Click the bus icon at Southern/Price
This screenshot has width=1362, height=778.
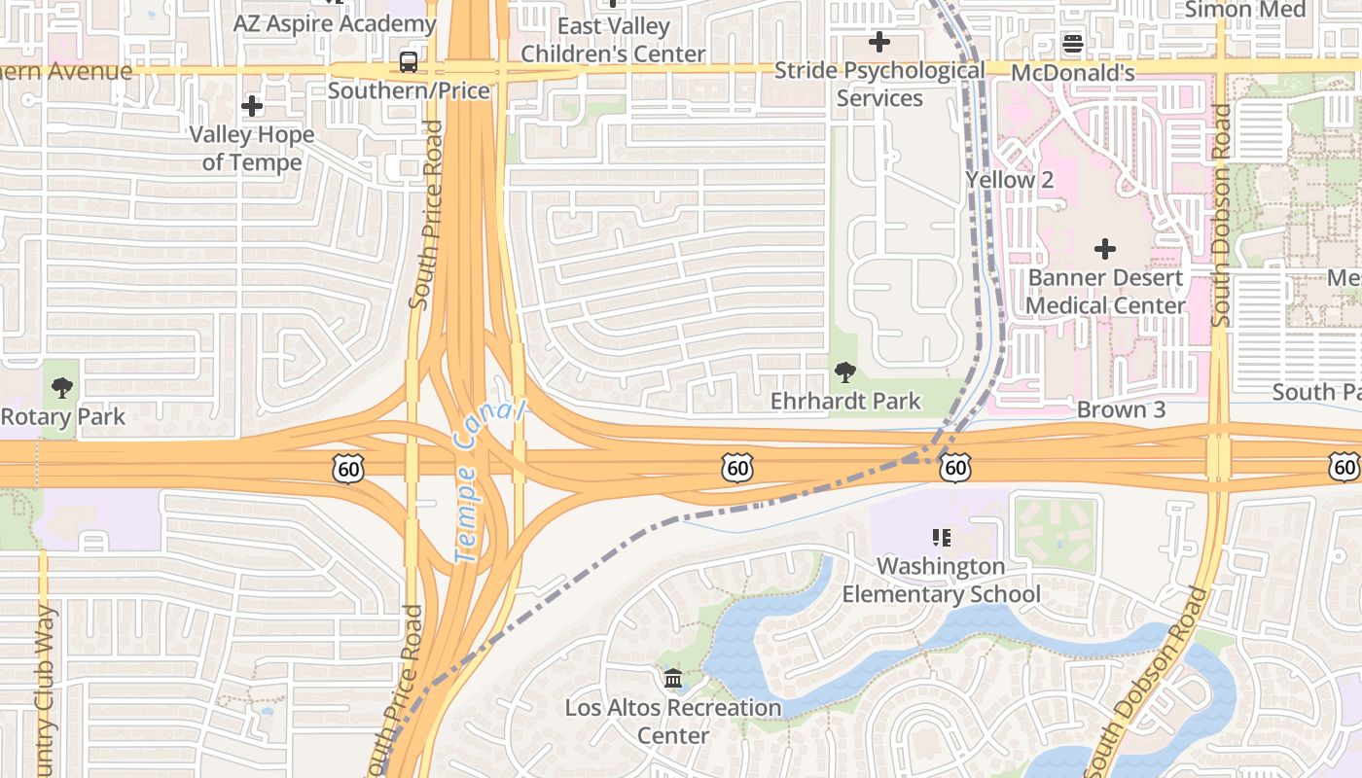point(409,62)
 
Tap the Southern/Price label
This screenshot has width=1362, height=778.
point(409,90)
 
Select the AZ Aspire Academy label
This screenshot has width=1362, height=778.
point(321,23)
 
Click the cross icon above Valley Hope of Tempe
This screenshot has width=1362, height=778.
point(252,105)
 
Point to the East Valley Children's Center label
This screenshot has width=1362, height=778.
point(613,40)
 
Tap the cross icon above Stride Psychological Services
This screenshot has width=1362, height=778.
point(879,42)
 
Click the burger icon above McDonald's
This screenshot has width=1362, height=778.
point(1073,43)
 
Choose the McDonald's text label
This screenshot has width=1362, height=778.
point(1073,73)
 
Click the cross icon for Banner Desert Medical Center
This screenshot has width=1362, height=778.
point(1105,249)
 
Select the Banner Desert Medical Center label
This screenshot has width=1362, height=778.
point(1106,292)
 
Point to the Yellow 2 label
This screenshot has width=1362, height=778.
point(1009,180)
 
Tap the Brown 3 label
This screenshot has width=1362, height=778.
point(1121,409)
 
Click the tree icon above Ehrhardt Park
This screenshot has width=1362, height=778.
point(844,371)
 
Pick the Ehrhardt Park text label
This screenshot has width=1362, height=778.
point(844,401)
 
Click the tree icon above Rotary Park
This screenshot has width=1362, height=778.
point(62,388)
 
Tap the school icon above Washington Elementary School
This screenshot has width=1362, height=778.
point(941,537)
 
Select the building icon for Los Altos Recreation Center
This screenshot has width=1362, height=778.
point(672,678)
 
